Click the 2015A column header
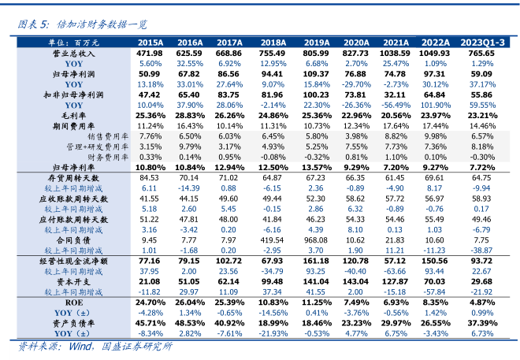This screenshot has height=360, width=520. (150, 43)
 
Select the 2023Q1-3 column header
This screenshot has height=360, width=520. (482, 43)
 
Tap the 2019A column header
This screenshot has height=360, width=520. (317, 43)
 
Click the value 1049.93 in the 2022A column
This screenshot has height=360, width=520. (436, 53)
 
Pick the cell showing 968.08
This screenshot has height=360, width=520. (317, 239)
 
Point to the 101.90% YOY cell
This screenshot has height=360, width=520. (436, 104)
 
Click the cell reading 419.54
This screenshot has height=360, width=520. (273, 239)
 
